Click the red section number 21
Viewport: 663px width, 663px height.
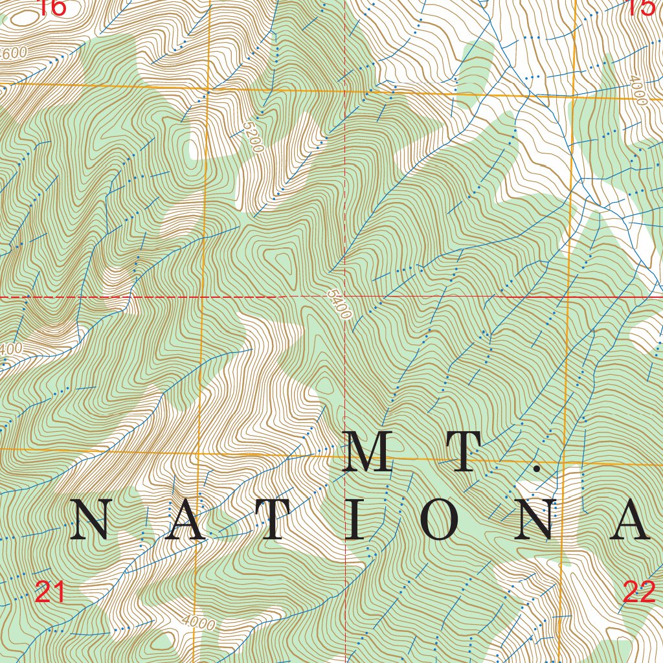click(51, 592)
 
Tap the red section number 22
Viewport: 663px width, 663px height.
click(639, 592)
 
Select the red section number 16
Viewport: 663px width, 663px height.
click(51, 8)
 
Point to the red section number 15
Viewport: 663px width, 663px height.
click(641, 8)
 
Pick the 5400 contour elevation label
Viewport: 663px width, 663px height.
click(339, 305)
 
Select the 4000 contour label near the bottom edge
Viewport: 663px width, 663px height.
click(198, 624)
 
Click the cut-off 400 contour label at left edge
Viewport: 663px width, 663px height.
click(11, 349)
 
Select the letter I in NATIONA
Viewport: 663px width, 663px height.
click(355, 520)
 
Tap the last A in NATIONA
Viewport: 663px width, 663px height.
click(630, 520)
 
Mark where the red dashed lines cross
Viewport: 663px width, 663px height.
click(345, 297)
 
